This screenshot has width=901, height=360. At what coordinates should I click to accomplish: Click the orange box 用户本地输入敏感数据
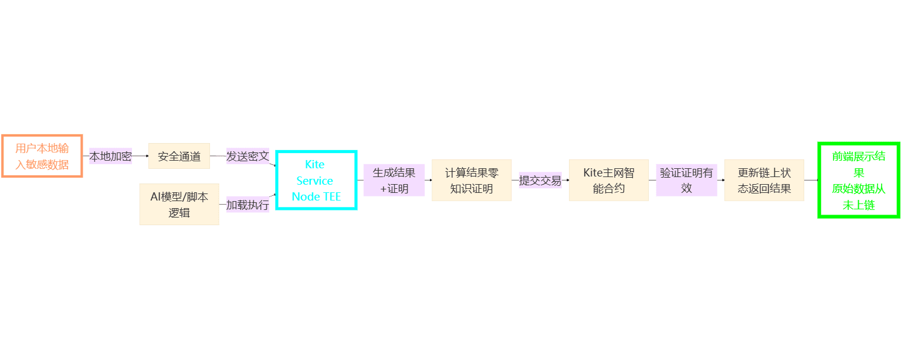tap(42, 156)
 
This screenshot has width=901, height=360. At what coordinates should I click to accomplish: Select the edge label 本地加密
tap(110, 157)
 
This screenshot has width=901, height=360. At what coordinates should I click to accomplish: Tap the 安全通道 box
tap(179, 156)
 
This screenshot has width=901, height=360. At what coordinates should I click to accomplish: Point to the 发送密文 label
tap(248, 157)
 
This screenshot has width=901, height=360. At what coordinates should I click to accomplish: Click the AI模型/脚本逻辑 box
tap(179, 204)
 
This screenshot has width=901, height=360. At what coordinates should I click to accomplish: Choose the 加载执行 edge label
tap(248, 205)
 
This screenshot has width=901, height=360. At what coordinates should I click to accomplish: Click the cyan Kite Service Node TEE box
tap(316, 180)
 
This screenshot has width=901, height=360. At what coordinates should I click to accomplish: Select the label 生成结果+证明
tap(394, 180)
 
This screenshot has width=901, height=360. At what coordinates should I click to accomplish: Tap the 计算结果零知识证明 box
tap(472, 180)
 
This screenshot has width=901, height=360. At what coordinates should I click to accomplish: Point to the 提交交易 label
tap(540, 180)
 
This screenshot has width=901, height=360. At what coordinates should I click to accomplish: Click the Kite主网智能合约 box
tap(608, 180)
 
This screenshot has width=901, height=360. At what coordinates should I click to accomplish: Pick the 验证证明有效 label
tap(686, 180)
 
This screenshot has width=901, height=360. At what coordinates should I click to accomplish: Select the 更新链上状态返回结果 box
tap(764, 180)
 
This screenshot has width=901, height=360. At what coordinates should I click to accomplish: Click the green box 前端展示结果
tap(859, 180)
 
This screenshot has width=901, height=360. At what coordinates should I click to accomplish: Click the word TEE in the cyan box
tap(331, 197)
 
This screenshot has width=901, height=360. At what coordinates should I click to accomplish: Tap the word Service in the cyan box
tap(315, 181)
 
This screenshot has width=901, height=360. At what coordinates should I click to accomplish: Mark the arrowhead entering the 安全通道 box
tap(147, 157)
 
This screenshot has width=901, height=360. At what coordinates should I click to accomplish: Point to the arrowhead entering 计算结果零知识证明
tap(430, 180)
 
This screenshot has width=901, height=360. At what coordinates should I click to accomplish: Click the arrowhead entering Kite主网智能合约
tap(567, 180)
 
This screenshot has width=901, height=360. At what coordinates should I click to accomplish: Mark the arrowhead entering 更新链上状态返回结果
tap(723, 180)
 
